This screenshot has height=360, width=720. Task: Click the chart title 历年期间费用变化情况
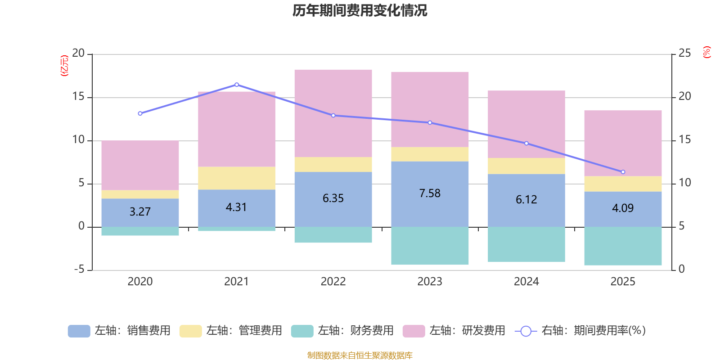[360, 10]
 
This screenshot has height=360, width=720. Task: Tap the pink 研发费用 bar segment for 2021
[237, 129]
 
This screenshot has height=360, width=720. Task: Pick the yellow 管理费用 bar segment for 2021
[237, 178]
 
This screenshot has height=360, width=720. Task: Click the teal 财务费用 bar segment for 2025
[623, 246]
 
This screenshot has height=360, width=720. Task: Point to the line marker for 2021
[237, 85]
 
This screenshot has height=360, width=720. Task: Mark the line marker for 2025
[623, 172]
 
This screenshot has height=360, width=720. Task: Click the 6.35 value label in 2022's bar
[333, 198]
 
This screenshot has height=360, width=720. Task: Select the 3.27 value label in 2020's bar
[140, 211]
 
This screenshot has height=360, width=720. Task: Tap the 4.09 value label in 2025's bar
[623, 208]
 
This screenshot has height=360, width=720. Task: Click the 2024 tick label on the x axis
[526, 282]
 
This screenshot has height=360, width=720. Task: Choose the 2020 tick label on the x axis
[140, 282]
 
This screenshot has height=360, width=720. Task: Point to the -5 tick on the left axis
[80, 269]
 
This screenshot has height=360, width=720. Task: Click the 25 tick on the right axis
[684, 54]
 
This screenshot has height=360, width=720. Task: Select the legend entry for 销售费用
[119, 331]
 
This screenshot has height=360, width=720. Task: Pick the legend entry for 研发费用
[454, 331]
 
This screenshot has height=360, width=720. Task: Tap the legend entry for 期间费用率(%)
[580, 331]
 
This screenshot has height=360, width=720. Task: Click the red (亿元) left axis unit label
[65, 66]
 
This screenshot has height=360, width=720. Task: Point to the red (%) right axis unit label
[707, 52]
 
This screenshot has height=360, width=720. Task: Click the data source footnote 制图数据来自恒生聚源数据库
[360, 355]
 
